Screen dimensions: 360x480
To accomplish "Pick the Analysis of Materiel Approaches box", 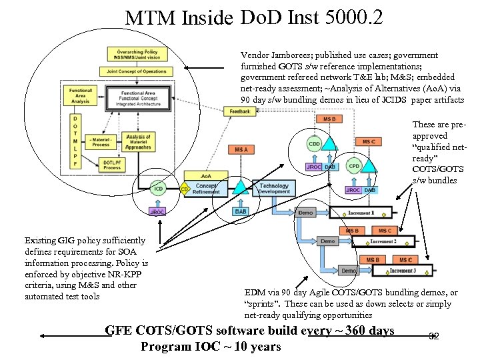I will pos(139,141).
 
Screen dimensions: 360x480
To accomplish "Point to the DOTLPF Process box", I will pos(111,165).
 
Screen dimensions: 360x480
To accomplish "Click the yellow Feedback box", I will pos(239,111).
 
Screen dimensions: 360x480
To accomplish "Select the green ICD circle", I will pos(159,189).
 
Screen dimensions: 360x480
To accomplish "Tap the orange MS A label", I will pos(241,150).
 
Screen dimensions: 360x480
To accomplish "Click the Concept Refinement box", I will pos(205,189).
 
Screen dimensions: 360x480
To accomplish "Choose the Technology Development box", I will pos(274,189).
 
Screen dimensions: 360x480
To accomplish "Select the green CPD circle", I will pos(354,166).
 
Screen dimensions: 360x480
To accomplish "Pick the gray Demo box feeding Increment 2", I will pos(328,241).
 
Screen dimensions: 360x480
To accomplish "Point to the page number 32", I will pos(434,336).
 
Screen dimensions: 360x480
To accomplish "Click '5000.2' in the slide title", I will pos(353,17).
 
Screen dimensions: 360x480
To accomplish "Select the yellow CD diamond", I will pos(184,189).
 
